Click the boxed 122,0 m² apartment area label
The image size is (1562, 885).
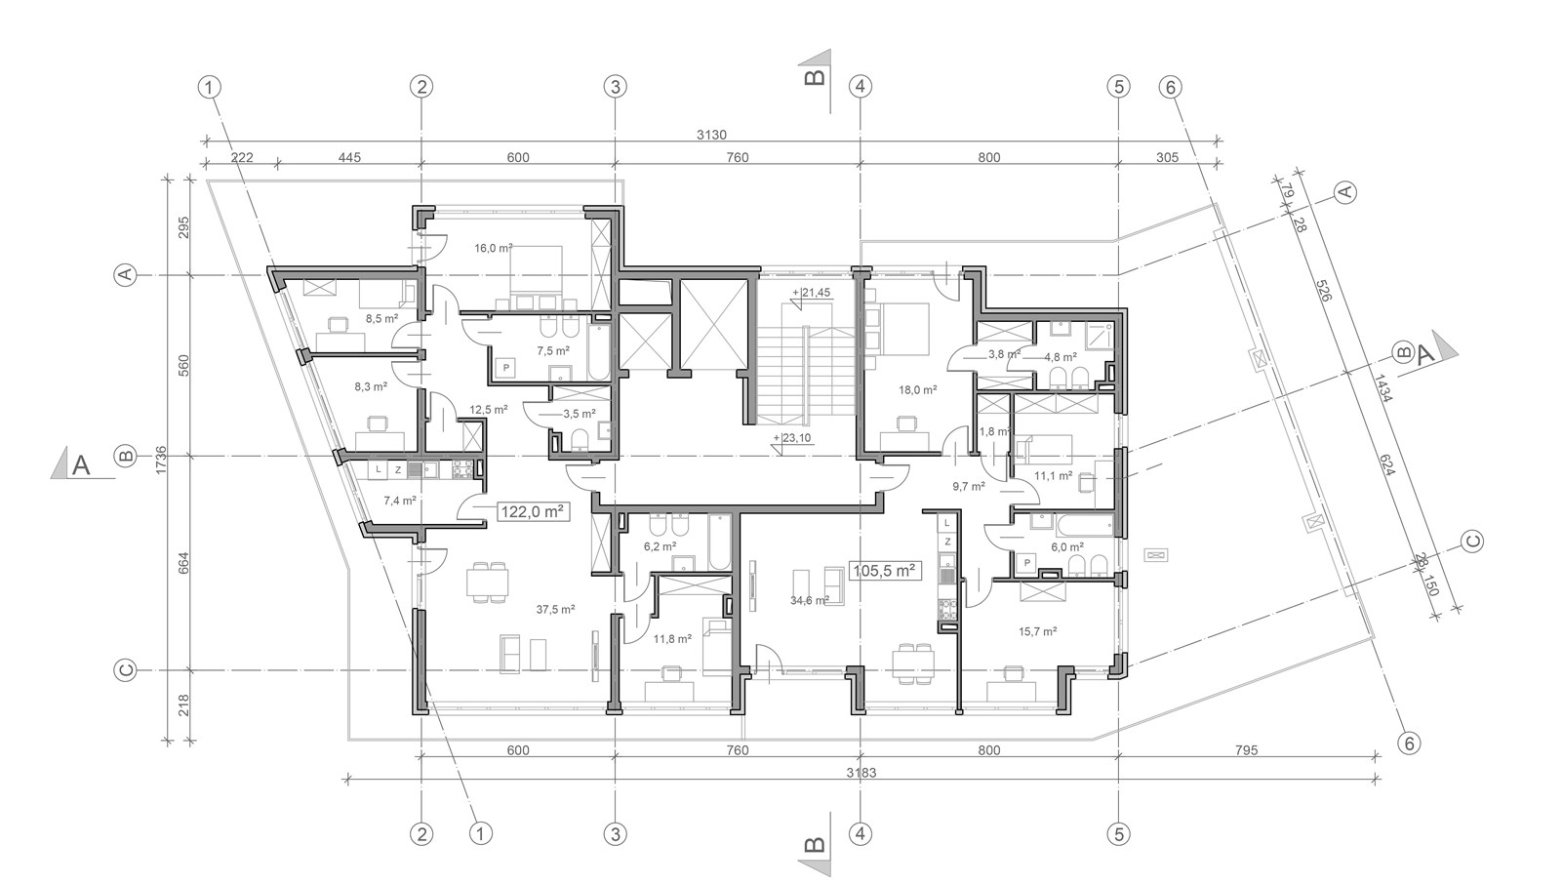point(533,512)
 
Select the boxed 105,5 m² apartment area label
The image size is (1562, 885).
point(884,571)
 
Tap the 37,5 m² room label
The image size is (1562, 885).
point(555,610)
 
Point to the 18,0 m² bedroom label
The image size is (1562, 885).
point(917,390)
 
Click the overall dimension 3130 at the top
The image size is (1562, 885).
point(711,135)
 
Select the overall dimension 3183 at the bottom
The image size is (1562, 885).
point(861,773)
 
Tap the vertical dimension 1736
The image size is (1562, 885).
point(162,461)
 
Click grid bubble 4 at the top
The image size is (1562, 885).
point(861,87)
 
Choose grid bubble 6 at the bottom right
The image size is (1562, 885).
point(1409,744)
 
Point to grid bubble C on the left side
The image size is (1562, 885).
point(125,671)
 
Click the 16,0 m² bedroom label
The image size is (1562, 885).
point(493,248)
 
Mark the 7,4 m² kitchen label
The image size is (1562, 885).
point(400,500)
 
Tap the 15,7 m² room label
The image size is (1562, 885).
point(1038,632)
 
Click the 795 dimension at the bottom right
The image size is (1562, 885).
point(1246,750)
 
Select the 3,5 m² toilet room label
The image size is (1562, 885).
point(579,414)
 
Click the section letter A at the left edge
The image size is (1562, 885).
point(81,465)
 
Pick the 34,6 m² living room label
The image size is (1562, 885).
point(810,600)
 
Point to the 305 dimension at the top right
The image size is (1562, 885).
point(1167,158)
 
